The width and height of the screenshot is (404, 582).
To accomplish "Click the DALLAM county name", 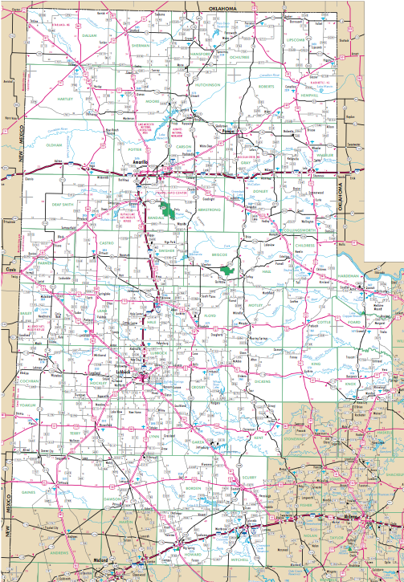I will (88, 36).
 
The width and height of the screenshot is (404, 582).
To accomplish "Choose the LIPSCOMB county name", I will (296, 39).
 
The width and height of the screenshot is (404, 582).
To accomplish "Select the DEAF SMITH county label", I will (63, 205).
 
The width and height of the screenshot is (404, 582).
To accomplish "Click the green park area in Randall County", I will (169, 210).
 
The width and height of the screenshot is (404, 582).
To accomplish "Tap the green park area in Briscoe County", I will (231, 270).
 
